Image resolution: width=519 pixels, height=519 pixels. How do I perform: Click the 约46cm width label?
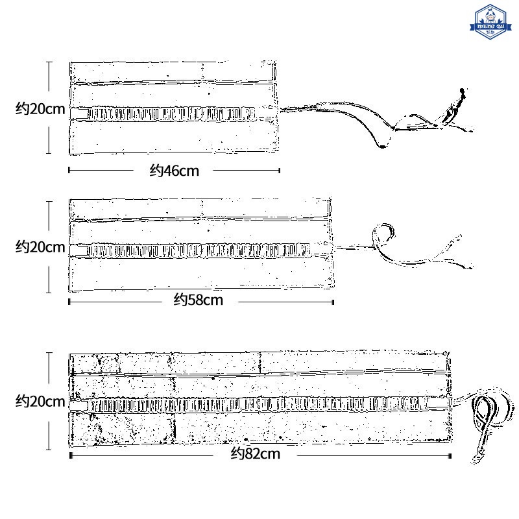point(175,171)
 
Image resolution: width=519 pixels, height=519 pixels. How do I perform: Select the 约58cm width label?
point(199,300)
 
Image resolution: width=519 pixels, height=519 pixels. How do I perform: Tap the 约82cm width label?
point(256,454)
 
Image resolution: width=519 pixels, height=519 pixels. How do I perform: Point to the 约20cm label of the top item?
point(40,109)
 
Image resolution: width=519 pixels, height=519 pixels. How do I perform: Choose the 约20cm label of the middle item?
point(40,247)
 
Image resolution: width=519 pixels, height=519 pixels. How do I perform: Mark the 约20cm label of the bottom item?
point(40,402)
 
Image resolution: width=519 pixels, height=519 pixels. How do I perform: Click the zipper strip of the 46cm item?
point(172,114)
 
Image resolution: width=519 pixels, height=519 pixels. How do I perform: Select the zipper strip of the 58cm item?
point(201,250)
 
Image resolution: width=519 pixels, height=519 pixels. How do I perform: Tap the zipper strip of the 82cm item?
point(259,405)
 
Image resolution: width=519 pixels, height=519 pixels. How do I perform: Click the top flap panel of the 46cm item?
point(173,71)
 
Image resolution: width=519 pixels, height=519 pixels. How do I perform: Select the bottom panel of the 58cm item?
point(201,274)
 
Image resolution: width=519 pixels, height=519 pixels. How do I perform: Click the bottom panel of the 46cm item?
point(173,138)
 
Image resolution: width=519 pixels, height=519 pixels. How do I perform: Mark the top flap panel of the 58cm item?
point(201,209)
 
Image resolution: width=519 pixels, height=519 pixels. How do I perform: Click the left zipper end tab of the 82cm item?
point(78,405)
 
